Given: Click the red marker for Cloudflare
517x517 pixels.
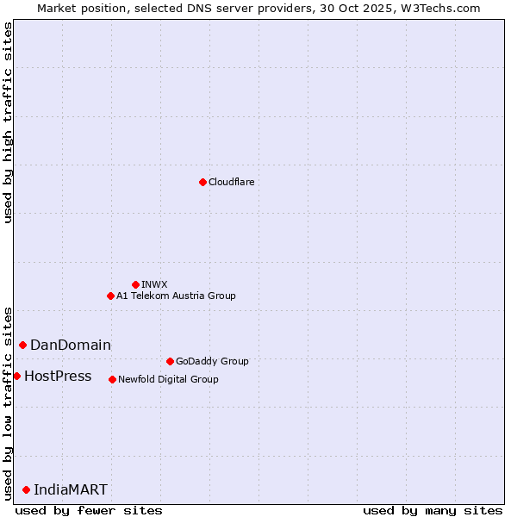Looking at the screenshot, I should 202,182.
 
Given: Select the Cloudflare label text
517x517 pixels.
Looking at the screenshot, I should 231,182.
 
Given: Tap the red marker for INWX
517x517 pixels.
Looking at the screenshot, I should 135,284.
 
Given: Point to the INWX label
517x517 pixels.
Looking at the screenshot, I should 154,284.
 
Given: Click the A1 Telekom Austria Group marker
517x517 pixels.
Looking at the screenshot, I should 110,296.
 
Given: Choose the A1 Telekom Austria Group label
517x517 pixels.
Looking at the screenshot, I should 176,296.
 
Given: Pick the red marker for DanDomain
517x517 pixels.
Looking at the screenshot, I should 22,345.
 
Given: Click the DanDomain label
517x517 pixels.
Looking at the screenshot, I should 71,345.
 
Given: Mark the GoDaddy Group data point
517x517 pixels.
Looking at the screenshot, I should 170,361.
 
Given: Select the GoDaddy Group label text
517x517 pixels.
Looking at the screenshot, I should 211,361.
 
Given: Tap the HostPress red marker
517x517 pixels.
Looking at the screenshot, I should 16,376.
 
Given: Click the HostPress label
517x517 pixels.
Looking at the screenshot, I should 58,376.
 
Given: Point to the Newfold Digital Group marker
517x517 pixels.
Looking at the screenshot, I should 112,379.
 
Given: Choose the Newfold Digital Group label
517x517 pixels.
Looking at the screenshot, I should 168,379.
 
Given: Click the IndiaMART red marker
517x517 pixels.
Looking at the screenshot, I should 26,489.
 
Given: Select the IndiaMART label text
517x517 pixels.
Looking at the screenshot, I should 71,489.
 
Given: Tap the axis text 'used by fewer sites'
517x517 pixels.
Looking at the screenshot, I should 89,510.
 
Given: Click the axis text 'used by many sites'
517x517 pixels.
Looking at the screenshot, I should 433,510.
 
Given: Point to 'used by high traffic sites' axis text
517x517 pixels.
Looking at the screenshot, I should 8,122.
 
